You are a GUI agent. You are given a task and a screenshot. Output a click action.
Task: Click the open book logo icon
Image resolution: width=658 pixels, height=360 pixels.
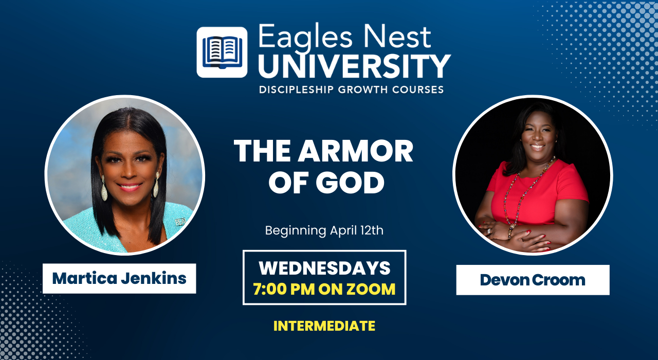pyautogui.click(x=222, y=52)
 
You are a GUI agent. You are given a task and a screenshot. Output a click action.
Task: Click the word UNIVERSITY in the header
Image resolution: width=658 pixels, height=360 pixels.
pyautogui.click(x=355, y=66)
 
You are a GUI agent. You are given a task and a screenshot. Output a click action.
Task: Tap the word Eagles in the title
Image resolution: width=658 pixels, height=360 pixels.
pyautogui.click(x=305, y=38)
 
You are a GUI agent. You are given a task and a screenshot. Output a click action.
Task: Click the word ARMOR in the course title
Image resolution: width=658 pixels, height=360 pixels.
pyautogui.click(x=355, y=151)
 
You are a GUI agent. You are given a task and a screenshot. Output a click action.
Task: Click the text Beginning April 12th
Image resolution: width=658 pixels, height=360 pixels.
pyautogui.click(x=324, y=231)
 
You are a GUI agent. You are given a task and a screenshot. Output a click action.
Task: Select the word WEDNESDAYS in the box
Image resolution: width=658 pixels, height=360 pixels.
pyautogui.click(x=324, y=268)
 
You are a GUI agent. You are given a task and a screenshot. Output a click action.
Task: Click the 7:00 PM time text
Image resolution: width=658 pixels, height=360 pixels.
pyautogui.click(x=284, y=289)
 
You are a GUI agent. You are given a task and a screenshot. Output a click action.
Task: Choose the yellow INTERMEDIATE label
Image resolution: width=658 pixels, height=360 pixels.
pyautogui.click(x=324, y=326)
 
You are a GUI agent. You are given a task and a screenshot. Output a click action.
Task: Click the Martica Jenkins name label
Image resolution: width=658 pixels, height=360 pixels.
pyautogui.click(x=119, y=278)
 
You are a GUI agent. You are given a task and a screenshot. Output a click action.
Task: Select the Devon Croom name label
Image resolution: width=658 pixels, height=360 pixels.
pyautogui.click(x=533, y=280)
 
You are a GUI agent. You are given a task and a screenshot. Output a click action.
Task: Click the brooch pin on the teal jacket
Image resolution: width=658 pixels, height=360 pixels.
pyautogui.click(x=180, y=222)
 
